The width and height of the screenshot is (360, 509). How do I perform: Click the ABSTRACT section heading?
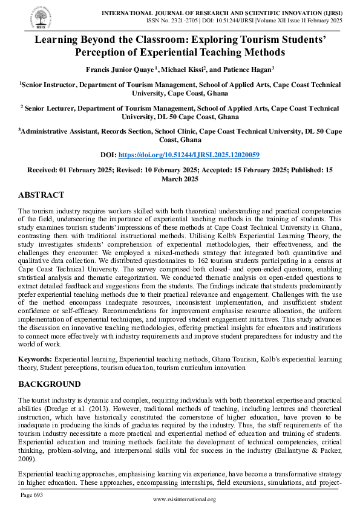coord(41,195)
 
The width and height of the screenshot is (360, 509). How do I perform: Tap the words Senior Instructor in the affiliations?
coord(49,86)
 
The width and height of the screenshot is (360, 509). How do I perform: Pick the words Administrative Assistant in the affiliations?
coord(61,130)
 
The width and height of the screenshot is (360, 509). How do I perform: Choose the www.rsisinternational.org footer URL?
coord(184,499)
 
